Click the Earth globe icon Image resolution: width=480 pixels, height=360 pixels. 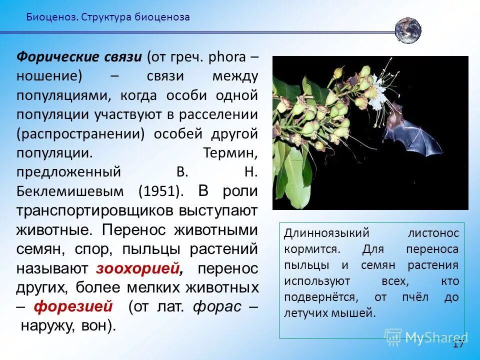pyautogui.click(x=407, y=30)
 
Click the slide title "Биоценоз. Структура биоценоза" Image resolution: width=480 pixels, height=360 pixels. pyautogui.click(x=108, y=17)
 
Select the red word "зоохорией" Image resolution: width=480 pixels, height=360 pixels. pyautogui.click(x=137, y=268)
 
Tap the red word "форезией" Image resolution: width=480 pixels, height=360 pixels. pyautogui.click(x=73, y=306)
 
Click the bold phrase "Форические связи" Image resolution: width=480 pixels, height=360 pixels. pyautogui.click(x=80, y=56)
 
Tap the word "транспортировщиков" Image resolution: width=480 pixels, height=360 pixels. pyautogui.click(x=94, y=210)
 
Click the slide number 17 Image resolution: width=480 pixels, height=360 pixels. pyautogui.click(x=458, y=344)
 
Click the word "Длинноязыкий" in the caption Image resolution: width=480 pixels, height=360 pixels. pyautogui.click(x=326, y=233)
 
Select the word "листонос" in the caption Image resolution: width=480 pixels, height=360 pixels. pyautogui.click(x=433, y=233)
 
